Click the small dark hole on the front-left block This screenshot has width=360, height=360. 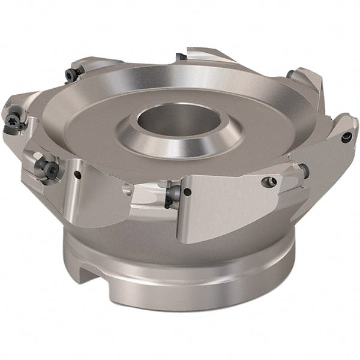coord(77,175)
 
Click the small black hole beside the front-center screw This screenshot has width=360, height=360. coord(188,192)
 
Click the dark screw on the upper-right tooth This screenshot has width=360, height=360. coord(290,74)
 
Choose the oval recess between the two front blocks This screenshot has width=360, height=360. coord(128,190)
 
